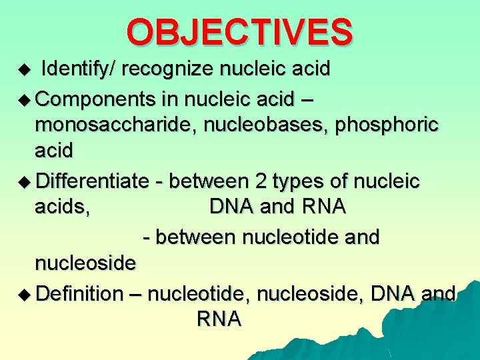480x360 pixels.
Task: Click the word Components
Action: pyautogui.click(x=96, y=99)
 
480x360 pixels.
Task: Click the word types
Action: pyautogui.click(x=303, y=181)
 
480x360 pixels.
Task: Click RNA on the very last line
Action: pyautogui.click(x=219, y=319)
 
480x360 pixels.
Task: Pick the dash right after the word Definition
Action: pyautogui.click(x=135, y=293)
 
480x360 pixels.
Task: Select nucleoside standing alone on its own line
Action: pyautogui.click(x=85, y=263)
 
